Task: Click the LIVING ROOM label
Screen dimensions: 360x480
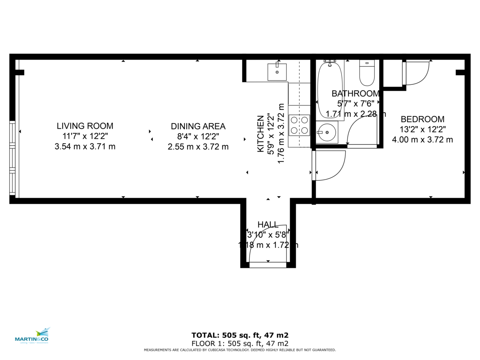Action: coord(85,126)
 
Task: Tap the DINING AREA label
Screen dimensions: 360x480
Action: coord(198,126)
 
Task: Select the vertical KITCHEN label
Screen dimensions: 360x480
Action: coord(261,134)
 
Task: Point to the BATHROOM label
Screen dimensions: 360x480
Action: coord(356,94)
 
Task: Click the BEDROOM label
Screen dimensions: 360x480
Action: coord(422,119)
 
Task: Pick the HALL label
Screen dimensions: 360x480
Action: coord(268,224)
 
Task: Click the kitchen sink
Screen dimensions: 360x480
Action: coord(277,72)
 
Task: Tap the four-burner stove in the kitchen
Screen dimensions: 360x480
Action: coord(299,125)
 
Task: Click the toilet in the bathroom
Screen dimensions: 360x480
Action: coord(367,73)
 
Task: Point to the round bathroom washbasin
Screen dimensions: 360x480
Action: coord(327,132)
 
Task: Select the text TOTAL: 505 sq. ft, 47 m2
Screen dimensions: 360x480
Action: coord(240,335)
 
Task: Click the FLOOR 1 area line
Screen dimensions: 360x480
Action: coord(240,344)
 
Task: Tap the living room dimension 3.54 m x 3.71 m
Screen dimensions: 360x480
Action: coord(85,147)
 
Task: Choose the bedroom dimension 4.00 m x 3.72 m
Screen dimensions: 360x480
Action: coord(422,140)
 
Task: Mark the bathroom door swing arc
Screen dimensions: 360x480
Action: coord(360,132)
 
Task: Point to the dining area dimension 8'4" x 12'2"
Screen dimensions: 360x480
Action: coord(198,136)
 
